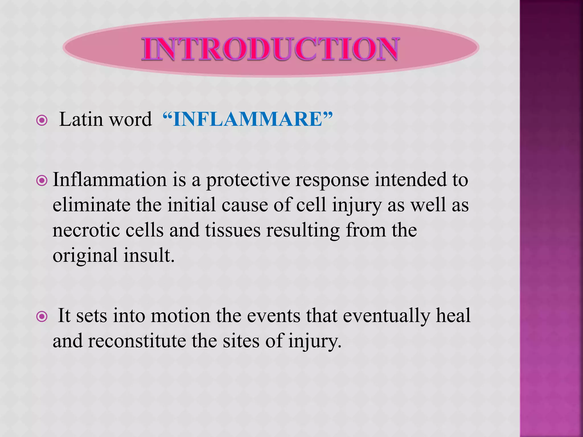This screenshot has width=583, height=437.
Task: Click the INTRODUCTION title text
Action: click(270, 49)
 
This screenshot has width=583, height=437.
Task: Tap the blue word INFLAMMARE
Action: click(247, 119)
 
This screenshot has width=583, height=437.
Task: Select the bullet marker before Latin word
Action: click(42, 120)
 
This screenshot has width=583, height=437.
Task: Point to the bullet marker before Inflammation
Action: click(42, 181)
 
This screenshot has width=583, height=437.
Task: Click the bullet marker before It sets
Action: click(42, 316)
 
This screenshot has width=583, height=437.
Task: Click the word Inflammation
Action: click(110, 180)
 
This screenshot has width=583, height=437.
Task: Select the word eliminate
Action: click(91, 205)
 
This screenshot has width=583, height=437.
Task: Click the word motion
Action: click(180, 316)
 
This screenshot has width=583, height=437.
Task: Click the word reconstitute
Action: click(137, 341)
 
